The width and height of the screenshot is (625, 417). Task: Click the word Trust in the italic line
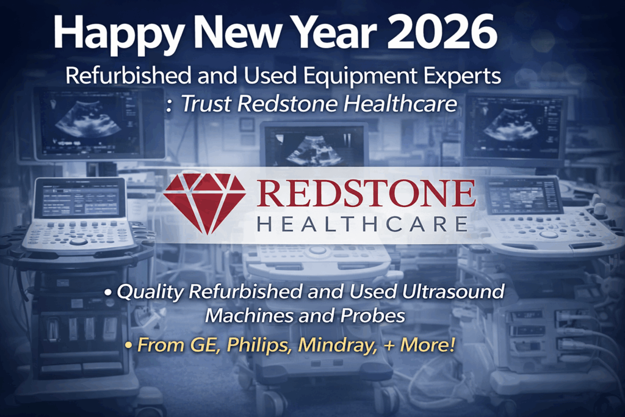(207, 104)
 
